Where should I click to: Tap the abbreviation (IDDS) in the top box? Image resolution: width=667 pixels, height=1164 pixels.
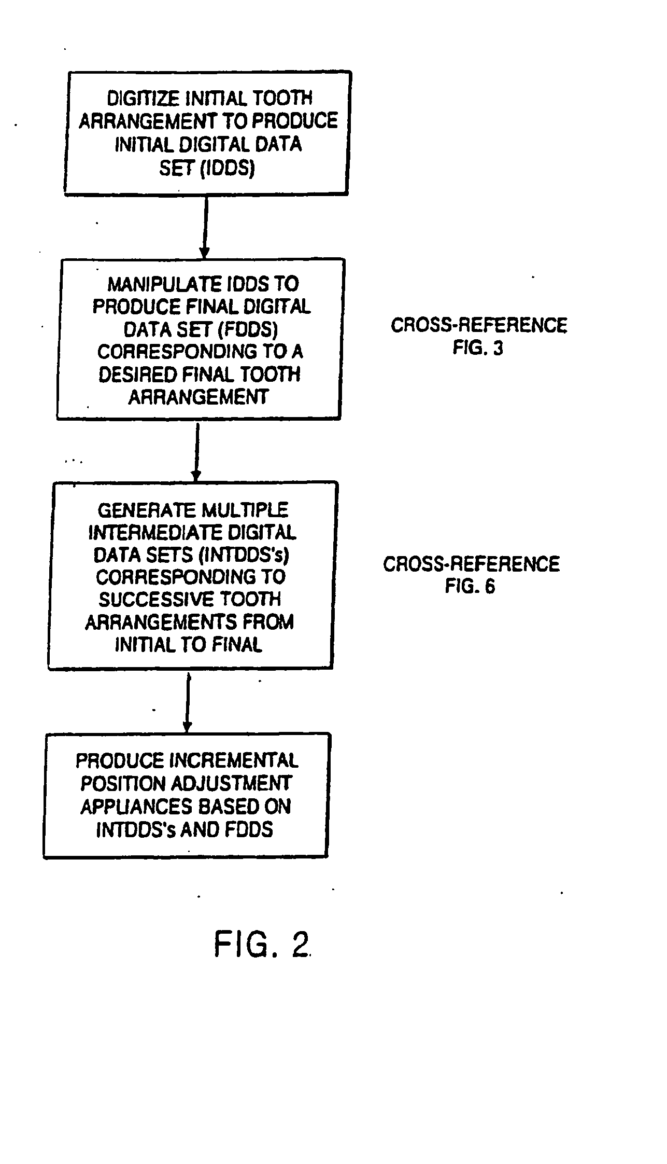point(228,169)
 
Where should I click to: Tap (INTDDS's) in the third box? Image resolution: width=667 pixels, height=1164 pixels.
point(243,556)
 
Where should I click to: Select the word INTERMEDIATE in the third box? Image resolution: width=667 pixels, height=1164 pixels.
point(151,533)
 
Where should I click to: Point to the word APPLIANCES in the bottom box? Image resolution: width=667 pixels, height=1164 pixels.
point(131,807)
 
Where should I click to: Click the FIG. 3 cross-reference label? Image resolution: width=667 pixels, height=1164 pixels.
point(478,348)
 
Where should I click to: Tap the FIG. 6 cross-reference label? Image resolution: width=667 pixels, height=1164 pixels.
point(470,586)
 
